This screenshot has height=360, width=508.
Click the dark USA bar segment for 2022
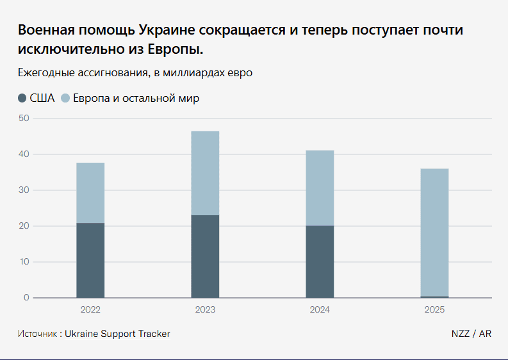pos(90,260)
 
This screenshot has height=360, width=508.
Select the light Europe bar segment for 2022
pos(90,193)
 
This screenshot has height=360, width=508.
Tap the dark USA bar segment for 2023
pos(205,256)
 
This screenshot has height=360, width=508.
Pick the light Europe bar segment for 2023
pos(205,173)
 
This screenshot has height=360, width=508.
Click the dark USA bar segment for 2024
pos(320,261)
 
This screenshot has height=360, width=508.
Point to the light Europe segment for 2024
pos(320,188)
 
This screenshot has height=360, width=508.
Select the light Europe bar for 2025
pos(434,232)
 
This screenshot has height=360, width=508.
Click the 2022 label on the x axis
pos(90,309)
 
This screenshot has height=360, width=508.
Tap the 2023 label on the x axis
pos(205,309)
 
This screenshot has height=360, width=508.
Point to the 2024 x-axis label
pos(320,309)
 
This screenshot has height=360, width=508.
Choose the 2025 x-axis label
pos(434,309)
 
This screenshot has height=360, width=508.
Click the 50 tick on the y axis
pos(24,119)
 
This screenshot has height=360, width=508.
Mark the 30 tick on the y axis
pos(24,190)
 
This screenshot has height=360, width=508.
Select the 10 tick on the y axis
pos(24,262)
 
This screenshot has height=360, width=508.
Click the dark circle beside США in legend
pos(22,99)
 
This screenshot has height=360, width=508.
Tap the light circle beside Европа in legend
pos(65,99)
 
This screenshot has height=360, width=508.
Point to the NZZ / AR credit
pos(471,334)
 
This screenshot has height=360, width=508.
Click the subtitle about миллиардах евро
pos(135,73)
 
